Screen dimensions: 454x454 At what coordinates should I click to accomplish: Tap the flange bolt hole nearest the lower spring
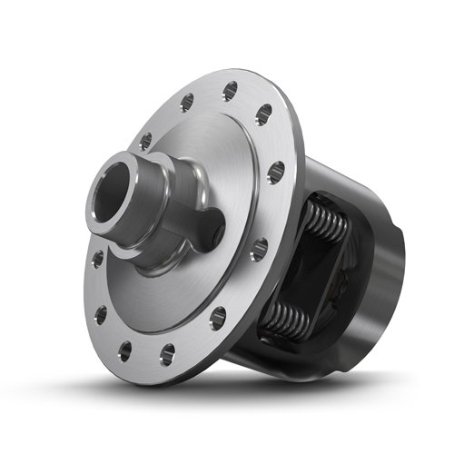[218, 318]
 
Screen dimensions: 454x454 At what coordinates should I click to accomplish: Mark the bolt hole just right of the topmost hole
[263, 114]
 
